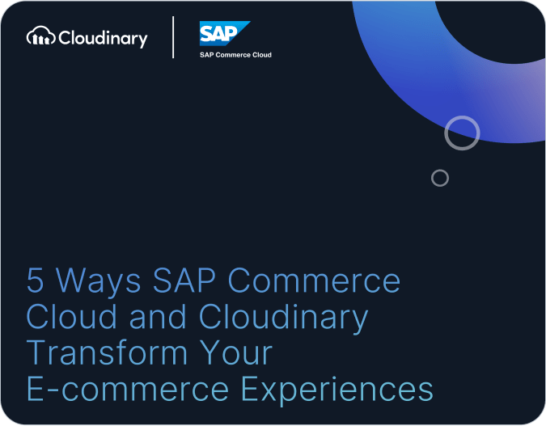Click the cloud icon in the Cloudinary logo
(40, 36)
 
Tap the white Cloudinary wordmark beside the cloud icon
(103, 38)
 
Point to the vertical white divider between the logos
(173, 37)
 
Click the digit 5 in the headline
(35, 280)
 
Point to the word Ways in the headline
(98, 282)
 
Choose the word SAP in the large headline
(184, 280)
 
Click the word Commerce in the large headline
(314, 280)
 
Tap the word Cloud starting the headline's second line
(71, 316)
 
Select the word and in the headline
(158, 316)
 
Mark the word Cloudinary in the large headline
(283, 318)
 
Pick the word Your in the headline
(236, 352)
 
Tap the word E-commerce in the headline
(128, 388)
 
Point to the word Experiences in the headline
(337, 390)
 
